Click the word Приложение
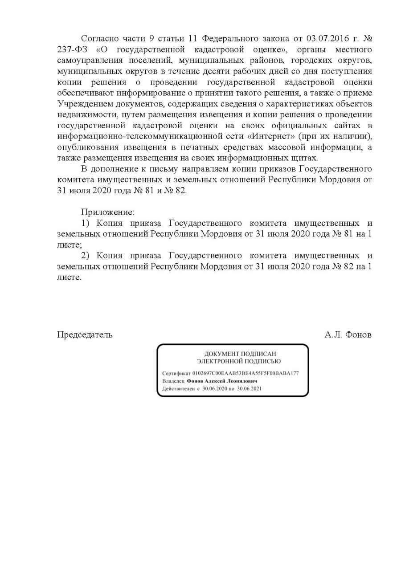tap(107, 212)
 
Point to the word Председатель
tap(85, 334)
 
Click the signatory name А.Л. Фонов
tap(348, 334)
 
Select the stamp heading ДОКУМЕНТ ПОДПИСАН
tap(233, 353)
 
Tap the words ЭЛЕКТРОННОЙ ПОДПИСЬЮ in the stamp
tap(233, 361)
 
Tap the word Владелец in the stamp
tap(173, 381)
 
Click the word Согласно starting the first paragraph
tap(101, 38)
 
